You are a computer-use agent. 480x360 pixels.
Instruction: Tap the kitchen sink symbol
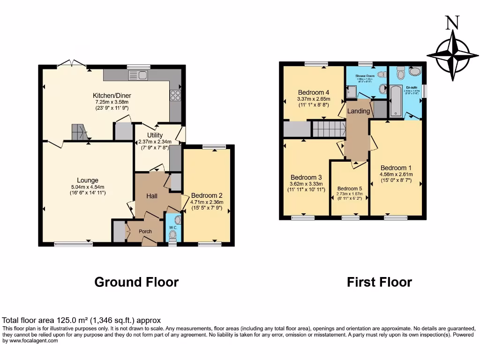tap(137, 75)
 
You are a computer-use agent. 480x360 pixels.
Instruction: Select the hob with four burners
tap(175, 96)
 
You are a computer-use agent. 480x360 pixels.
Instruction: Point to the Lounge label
tap(88, 180)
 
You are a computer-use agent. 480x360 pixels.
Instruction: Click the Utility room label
tap(155, 135)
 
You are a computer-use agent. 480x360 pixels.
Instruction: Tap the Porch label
tap(145, 232)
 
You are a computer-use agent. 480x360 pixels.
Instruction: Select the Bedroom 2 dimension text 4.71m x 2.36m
tap(208, 202)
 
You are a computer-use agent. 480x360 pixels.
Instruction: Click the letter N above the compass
tap(452, 23)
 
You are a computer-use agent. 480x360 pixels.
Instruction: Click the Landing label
tap(359, 111)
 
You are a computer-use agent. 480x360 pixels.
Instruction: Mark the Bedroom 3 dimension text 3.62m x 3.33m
tap(306, 184)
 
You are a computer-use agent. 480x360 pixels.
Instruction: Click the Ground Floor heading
tap(136, 282)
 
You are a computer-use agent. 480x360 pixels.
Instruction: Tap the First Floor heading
tap(379, 282)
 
